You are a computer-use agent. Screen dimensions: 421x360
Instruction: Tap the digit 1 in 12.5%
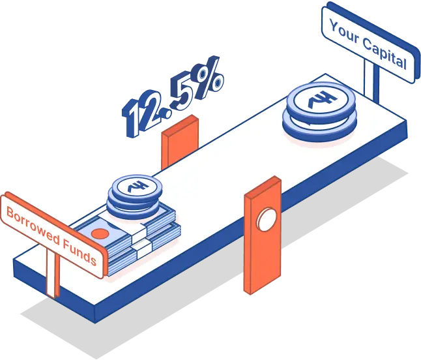click(132, 118)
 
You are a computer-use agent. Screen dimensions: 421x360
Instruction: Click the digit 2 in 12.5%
click(151, 110)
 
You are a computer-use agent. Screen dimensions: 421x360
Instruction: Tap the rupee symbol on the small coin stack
click(137, 186)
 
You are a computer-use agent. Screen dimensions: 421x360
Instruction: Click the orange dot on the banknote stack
click(100, 233)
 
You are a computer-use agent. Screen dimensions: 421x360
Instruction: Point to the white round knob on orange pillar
click(266, 218)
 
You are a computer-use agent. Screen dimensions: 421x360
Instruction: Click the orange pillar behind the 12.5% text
click(179, 142)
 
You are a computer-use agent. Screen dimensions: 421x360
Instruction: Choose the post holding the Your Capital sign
click(371, 81)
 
